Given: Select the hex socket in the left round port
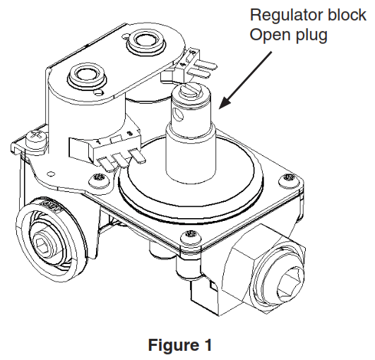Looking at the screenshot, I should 40,246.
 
